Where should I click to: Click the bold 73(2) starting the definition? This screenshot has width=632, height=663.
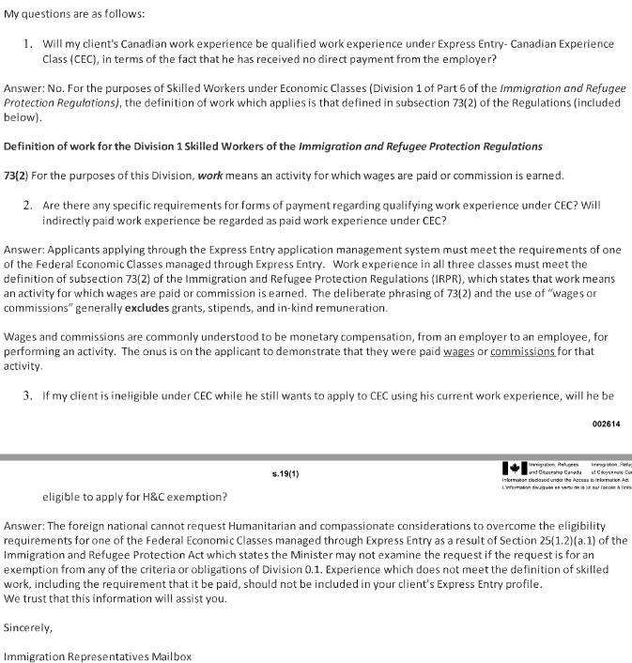coord(17,176)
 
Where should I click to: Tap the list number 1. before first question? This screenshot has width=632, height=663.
coord(29,44)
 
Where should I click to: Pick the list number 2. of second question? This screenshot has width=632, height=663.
coord(29,204)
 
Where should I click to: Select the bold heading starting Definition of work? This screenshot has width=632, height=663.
coord(273,146)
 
